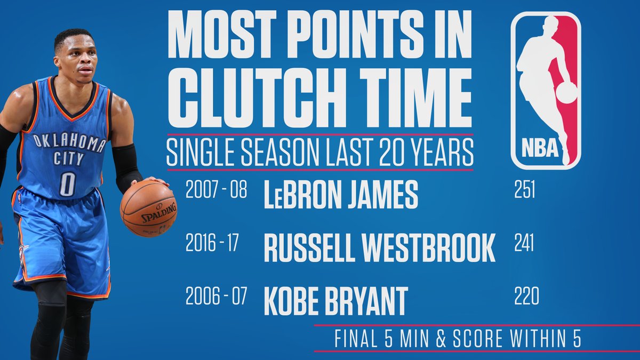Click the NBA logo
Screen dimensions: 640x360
pyautogui.click(x=546, y=91)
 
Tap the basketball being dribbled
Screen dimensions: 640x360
pyautogui.click(x=149, y=208)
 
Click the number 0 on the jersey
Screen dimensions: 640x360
pyautogui.click(x=67, y=184)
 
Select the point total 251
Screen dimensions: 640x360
pyautogui.click(x=525, y=189)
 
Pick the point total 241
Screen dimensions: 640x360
pyautogui.click(x=524, y=243)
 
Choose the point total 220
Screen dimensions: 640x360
pyautogui.click(x=526, y=296)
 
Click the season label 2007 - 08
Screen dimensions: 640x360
pyautogui.click(x=216, y=189)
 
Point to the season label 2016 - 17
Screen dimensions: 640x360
pyautogui.click(x=212, y=243)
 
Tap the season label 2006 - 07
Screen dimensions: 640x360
pyautogui.click(x=216, y=296)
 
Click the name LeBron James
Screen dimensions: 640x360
pyautogui.click(x=341, y=194)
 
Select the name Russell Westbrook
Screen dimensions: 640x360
pyautogui.click(x=379, y=247)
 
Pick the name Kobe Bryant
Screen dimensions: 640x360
pyautogui.click(x=335, y=301)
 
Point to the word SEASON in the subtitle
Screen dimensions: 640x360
pyautogui.click(x=279, y=152)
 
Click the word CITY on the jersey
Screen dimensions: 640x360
pyautogui.click(x=69, y=158)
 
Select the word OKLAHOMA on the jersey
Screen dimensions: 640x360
pyautogui.click(x=69, y=142)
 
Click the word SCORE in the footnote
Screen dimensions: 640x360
pyautogui.click(x=477, y=339)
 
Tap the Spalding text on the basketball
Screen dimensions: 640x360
pyautogui.click(x=159, y=213)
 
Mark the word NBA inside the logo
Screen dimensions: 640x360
pyautogui.click(x=540, y=148)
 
